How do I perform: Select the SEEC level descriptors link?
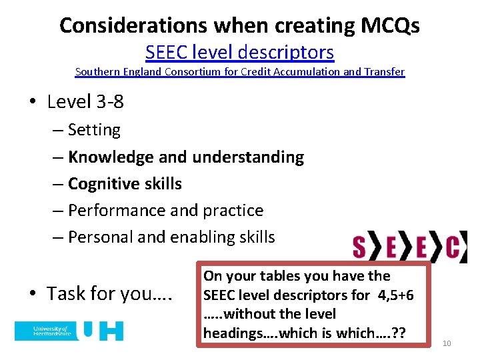pyautogui.click(x=240, y=51)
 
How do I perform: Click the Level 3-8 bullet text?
pyautogui.click(x=85, y=102)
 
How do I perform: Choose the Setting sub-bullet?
pyautogui.click(x=94, y=130)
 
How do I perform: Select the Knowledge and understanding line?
pyautogui.click(x=186, y=157)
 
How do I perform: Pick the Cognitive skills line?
pyautogui.click(x=125, y=184)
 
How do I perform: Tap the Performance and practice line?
pyautogui.click(x=165, y=211)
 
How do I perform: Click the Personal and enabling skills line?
pyautogui.click(x=171, y=237)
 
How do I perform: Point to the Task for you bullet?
pyautogui.click(x=110, y=293)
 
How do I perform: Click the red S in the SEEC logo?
pyautogui.click(x=359, y=247)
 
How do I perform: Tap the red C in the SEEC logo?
pyautogui.click(x=452, y=247)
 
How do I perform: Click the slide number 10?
pyautogui.click(x=447, y=343)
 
